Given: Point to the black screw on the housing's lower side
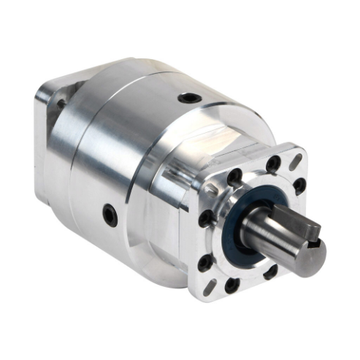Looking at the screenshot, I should coord(109,214).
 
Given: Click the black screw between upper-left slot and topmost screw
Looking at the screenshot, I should coord(235,177).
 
